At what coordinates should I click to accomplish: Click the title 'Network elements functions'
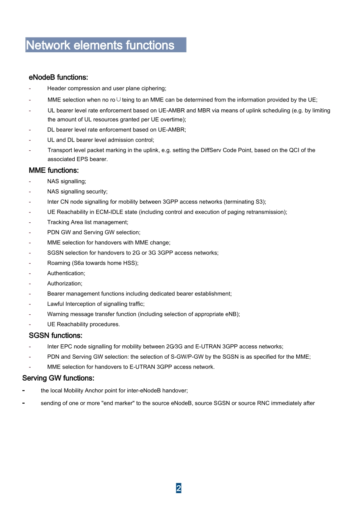100,45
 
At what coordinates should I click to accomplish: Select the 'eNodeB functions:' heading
58,77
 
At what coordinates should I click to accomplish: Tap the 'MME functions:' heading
54,170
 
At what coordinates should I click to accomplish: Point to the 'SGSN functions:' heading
56,336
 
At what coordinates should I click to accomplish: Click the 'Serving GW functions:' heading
58,378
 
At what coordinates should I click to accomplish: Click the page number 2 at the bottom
178,488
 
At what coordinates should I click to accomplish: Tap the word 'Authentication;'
66,273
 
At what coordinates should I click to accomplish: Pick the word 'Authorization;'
65,284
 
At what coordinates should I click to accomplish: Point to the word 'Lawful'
55,304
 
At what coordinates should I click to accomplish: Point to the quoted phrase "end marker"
118,403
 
